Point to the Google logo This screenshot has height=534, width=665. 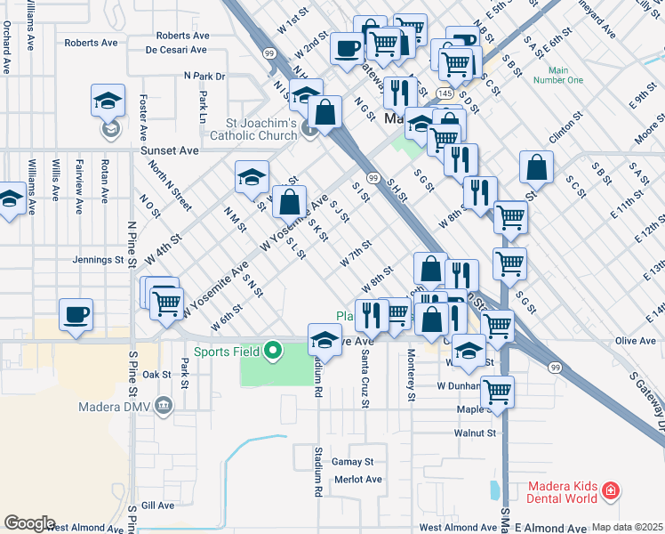click(x=29, y=523)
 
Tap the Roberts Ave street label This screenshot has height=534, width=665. click(x=91, y=42)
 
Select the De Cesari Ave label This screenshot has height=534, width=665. click(x=178, y=50)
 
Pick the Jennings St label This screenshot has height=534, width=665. click(x=98, y=261)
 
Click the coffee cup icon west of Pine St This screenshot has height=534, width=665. click(x=76, y=314)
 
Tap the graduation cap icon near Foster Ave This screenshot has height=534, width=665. click(x=108, y=101)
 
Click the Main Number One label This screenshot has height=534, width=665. click(x=558, y=75)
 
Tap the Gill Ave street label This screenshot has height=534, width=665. click(x=157, y=505)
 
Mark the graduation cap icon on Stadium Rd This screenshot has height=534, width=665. click(x=324, y=341)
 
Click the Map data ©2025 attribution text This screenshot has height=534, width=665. click(x=627, y=527)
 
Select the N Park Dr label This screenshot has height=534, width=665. click(x=204, y=77)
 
